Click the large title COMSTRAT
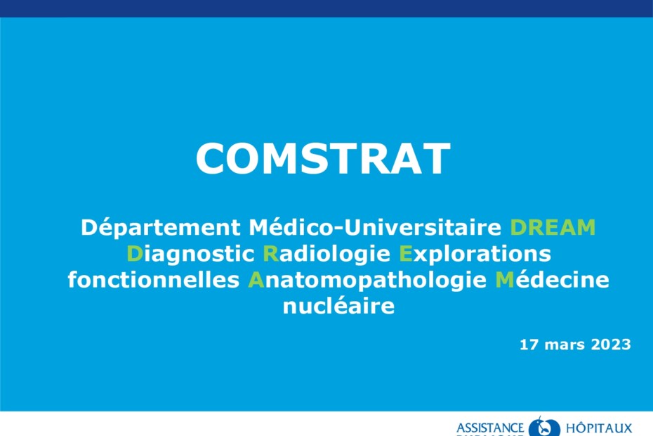tap(323, 158)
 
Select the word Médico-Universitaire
tap(375, 227)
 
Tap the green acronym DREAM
tap(553, 228)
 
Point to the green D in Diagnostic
tap(135, 254)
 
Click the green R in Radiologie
tap(271, 254)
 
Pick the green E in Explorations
tap(406, 254)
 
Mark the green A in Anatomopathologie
tap(256, 280)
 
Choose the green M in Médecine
tap(505, 280)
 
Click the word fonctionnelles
tap(154, 280)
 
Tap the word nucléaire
tap(338, 306)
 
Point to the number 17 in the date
tap(529, 345)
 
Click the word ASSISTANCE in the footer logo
tap(490, 428)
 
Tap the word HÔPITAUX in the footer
tap(599, 428)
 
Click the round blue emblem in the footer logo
tap(544, 427)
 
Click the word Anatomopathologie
tap(367, 281)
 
